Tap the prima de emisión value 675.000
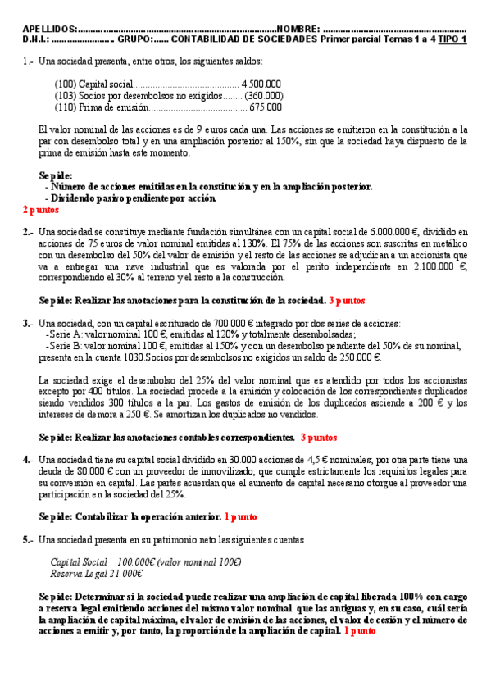point(266,107)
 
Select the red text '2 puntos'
point(41,209)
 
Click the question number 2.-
point(28,232)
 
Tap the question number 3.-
point(28,324)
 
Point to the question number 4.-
point(28,460)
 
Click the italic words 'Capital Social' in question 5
point(79,562)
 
